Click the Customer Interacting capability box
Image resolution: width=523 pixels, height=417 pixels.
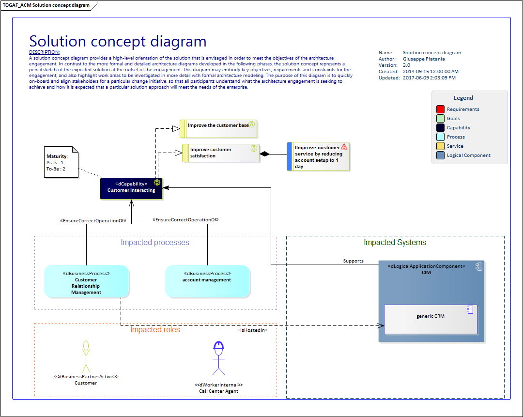[131, 188]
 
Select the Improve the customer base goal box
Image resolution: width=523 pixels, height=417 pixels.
[218, 129]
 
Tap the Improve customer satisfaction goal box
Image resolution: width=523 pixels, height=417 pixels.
[221, 153]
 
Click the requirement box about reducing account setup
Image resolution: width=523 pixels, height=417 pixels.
[318, 156]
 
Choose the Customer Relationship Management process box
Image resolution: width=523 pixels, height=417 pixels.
[86, 281]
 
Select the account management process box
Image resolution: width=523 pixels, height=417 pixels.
[207, 281]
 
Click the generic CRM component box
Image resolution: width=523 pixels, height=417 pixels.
[431, 319]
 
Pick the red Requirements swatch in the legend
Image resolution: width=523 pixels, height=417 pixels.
[440, 109]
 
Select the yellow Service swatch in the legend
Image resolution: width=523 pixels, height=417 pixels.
[440, 146]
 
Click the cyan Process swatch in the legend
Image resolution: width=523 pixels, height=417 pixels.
[440, 137]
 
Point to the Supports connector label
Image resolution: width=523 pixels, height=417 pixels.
[353, 261]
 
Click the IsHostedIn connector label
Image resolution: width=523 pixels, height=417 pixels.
[252, 330]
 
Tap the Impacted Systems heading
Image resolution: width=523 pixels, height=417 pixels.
[395, 243]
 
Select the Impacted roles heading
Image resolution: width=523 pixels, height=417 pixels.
[155, 330]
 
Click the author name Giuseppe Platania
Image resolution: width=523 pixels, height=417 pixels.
[424, 59]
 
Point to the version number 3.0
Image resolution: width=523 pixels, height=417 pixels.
[406, 65]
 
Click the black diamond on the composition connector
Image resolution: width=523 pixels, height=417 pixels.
[264, 154]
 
